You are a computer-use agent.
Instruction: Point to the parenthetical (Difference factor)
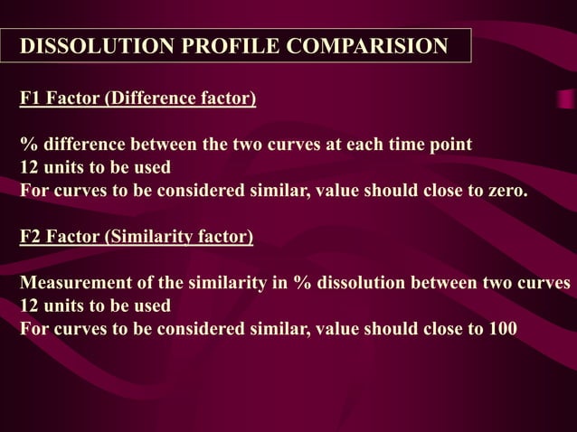(181, 99)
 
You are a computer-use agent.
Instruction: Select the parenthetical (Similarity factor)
(180, 238)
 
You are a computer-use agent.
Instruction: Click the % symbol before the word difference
(28, 145)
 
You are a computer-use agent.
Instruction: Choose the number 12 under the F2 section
(30, 306)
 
